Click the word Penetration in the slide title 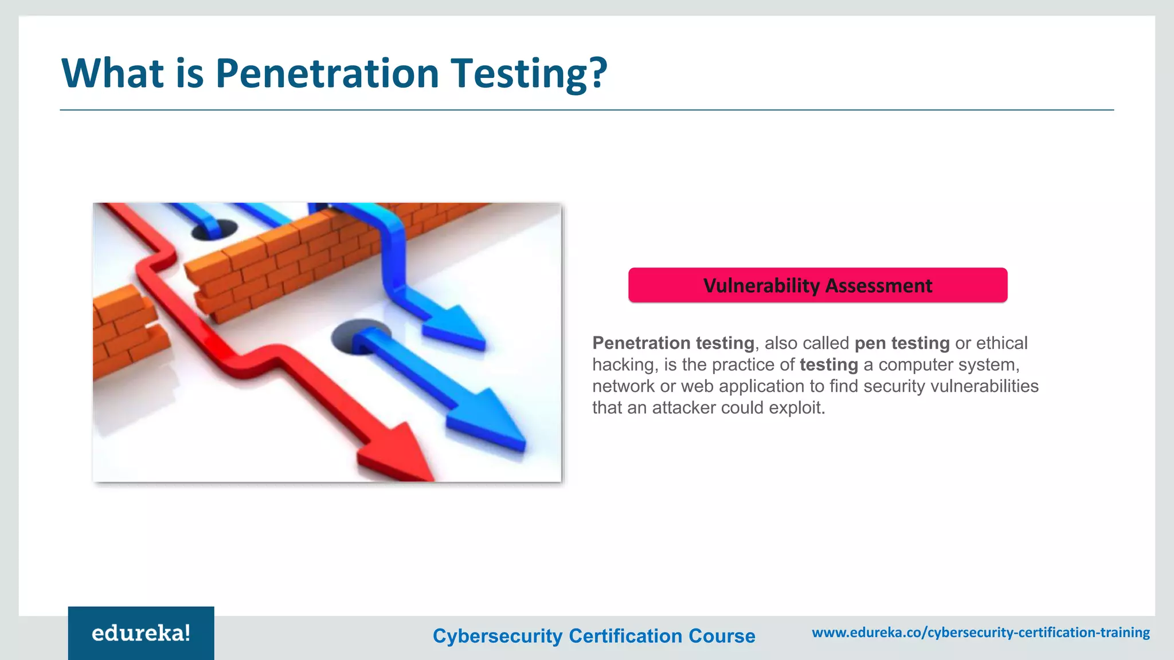coord(327,73)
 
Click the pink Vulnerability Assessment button coord(817,285)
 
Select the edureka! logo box coord(141,633)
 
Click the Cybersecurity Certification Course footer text coord(594,636)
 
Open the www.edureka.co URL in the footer coord(981,632)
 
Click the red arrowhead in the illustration coord(396,453)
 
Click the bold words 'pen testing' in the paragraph coord(902,343)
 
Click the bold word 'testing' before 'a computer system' coord(828,365)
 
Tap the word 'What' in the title coord(112,73)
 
